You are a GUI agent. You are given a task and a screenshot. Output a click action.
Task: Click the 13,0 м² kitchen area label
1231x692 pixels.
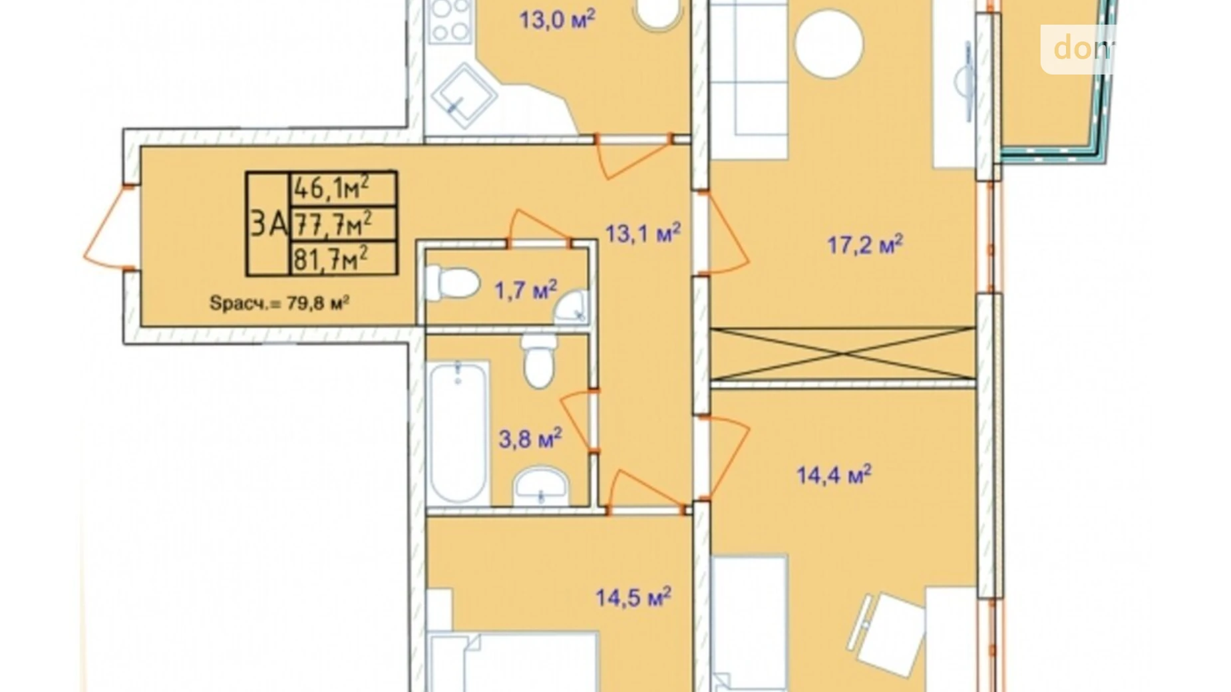(x=556, y=19)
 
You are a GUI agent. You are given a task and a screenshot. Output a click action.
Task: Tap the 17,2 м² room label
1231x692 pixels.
(x=864, y=244)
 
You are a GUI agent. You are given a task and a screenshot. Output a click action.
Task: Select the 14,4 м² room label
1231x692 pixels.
(x=833, y=474)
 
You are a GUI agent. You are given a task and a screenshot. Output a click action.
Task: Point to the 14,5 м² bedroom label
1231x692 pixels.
(x=632, y=597)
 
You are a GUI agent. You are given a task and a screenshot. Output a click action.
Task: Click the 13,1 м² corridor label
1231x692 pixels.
(x=642, y=233)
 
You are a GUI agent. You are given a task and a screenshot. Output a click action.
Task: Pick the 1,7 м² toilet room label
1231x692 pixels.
(x=525, y=290)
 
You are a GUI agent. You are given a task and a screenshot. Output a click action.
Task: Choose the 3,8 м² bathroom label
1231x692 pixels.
(x=530, y=438)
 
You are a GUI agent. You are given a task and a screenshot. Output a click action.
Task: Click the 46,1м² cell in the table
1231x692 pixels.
(x=343, y=188)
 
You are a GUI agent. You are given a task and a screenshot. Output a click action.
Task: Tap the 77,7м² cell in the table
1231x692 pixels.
(x=343, y=224)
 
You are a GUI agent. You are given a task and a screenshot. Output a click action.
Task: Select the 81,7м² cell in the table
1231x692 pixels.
(x=343, y=258)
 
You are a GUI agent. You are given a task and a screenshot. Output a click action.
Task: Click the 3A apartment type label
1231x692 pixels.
(x=268, y=224)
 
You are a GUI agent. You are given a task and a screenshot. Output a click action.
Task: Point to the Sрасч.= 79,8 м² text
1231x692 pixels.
(x=279, y=303)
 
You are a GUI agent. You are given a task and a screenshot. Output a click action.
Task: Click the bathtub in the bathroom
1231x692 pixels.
(x=458, y=431)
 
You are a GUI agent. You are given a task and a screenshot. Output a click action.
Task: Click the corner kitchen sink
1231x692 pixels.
(x=463, y=96)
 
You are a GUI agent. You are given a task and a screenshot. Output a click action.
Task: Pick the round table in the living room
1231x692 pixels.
(x=828, y=43)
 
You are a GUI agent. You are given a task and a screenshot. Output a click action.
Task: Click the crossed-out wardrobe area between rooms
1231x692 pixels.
(x=842, y=354)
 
